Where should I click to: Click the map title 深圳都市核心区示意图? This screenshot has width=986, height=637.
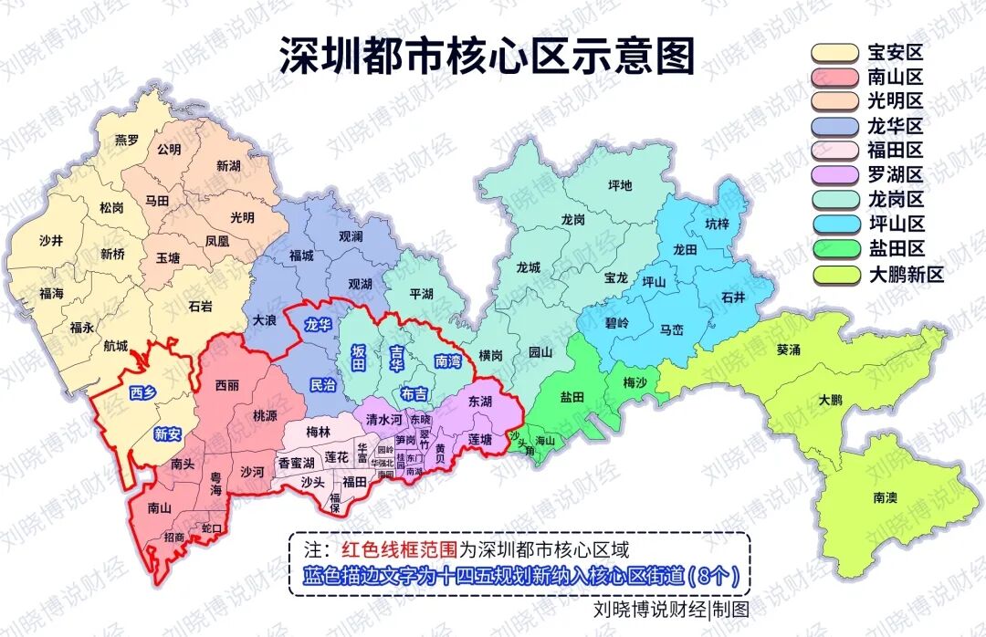pos(487,55)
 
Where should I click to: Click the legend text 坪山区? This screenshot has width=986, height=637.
pos(896,225)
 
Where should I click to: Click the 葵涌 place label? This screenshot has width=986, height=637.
pos(790,350)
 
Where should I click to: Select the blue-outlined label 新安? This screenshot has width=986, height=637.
pos(167,434)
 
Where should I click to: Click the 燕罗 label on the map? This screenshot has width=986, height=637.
pos(127,140)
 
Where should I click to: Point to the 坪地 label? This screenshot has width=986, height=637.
pos(620,185)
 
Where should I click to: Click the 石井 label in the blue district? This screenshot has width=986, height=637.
pos(733,297)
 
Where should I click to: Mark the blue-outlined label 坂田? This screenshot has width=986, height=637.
pos(361,358)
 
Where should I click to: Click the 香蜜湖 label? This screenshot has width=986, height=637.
pos(296,463)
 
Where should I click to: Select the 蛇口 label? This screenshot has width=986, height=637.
pos(211,528)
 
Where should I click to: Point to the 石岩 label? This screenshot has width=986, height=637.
pos(200,307)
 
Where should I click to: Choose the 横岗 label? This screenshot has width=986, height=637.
pos(490,356)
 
